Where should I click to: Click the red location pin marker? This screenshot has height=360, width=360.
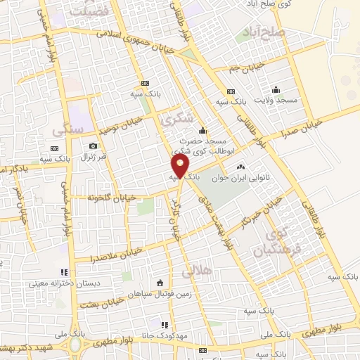(181, 166)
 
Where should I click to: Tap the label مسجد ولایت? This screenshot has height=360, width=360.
(277, 101)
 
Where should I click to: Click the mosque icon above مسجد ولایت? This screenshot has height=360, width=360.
(276, 89)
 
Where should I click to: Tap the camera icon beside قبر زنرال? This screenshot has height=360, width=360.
(93, 146)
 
